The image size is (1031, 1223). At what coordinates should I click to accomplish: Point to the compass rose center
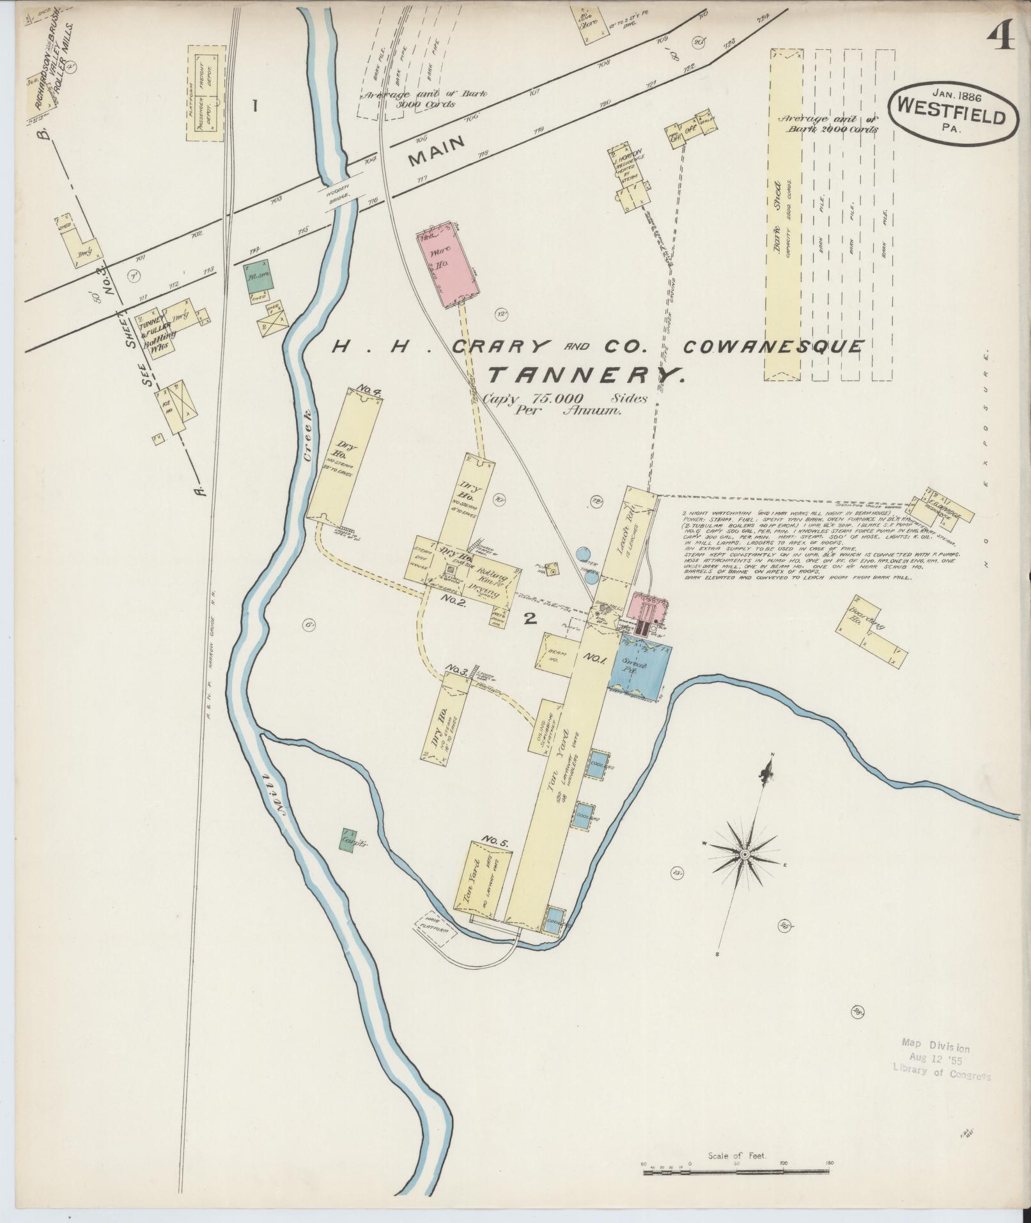(745, 854)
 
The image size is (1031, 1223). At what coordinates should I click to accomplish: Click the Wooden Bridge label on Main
(339, 196)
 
